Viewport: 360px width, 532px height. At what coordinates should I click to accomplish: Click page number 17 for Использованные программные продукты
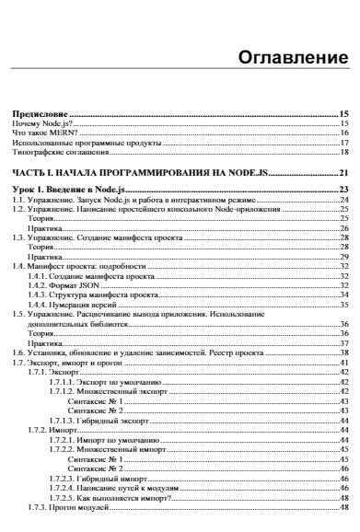[342, 143]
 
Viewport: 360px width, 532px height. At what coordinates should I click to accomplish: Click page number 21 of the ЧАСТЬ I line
[342, 173]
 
